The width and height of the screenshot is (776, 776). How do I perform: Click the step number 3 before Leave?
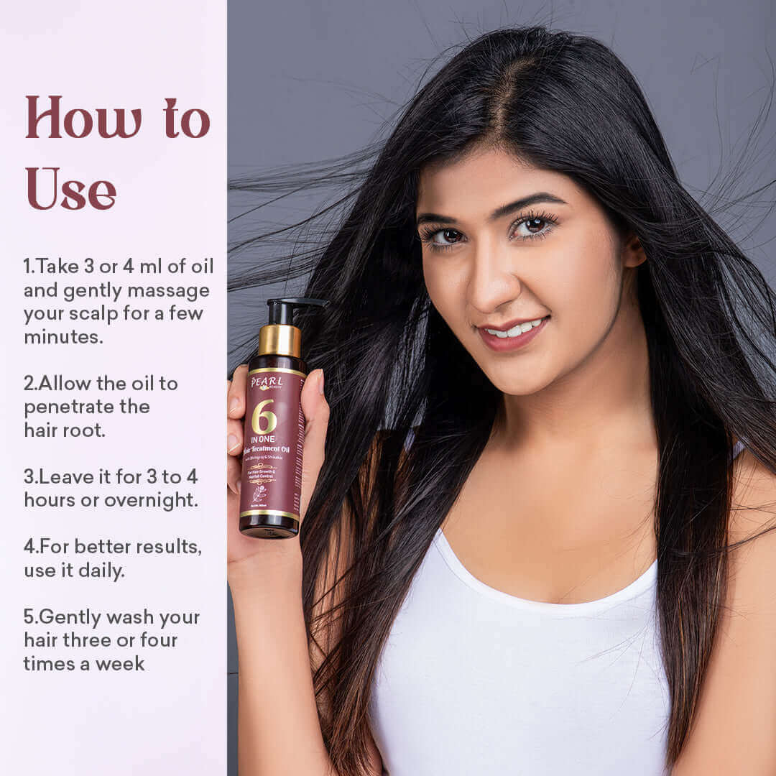29,477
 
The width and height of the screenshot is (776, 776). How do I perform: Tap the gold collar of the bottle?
280,340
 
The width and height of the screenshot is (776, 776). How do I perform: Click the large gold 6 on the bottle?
264,417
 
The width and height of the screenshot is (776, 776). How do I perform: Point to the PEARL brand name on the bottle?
266,382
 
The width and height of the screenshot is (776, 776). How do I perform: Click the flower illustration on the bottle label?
259,494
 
